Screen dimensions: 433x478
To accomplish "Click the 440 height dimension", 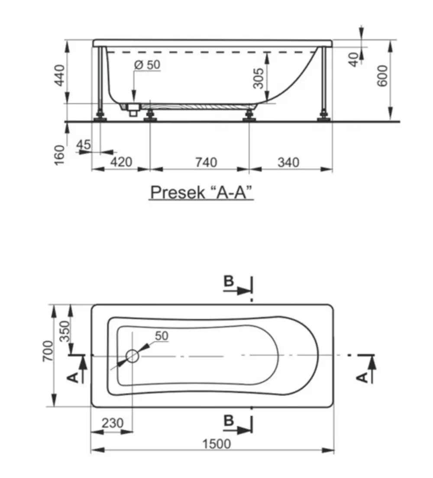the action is pyautogui.click(x=60, y=75).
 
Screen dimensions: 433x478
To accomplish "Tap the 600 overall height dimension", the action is pyautogui.click(x=382, y=76).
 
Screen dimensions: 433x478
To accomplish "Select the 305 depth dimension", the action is pyautogui.click(x=259, y=78).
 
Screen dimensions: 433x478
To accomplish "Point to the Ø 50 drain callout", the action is pyautogui.click(x=147, y=64).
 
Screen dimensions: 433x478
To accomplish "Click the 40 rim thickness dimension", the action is pyautogui.click(x=354, y=59).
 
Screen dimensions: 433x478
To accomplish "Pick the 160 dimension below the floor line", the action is pyautogui.click(x=60, y=155).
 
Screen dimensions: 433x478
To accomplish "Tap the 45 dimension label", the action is pyautogui.click(x=83, y=144).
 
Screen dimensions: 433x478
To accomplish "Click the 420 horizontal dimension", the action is pyautogui.click(x=121, y=162).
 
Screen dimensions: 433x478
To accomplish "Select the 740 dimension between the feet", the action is pyautogui.click(x=206, y=162).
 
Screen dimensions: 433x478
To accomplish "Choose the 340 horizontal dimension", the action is pyautogui.click(x=288, y=162).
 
